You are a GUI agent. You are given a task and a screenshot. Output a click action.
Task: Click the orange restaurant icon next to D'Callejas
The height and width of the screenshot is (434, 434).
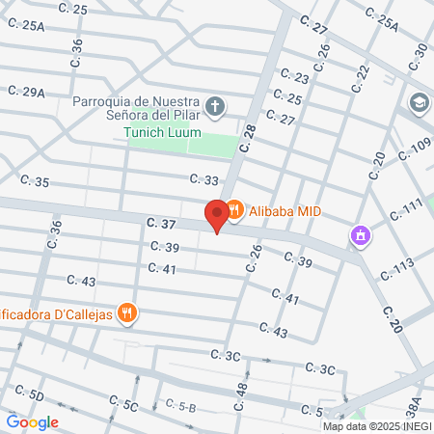[x=125, y=312]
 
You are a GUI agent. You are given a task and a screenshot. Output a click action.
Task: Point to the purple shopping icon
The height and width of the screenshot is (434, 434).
[x=361, y=234]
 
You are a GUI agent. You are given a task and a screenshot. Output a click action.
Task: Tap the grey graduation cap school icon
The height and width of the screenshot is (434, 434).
[x=420, y=101]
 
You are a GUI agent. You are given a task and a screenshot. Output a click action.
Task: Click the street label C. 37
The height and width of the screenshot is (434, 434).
[x=161, y=224]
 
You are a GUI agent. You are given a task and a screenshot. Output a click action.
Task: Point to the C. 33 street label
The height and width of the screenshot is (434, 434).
[x=204, y=179]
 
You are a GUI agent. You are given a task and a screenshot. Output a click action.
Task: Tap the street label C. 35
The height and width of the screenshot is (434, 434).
[x=34, y=181]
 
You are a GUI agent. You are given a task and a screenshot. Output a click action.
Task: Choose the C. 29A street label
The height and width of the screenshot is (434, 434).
[x=27, y=92]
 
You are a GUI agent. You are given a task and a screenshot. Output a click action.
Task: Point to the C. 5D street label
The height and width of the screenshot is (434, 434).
[x=29, y=393]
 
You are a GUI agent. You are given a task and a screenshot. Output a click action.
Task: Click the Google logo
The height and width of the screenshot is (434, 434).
[x=32, y=421]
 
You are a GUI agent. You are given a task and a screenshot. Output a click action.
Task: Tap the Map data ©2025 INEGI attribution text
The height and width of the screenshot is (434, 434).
[x=376, y=426]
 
